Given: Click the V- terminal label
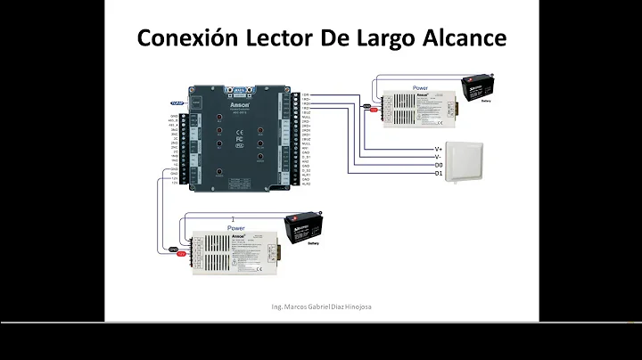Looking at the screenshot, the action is tap(438, 156).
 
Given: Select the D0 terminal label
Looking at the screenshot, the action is tap(438, 165).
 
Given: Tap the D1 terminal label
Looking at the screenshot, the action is tap(438, 174).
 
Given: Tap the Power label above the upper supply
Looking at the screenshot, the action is tap(421, 88).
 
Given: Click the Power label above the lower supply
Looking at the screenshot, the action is tap(235, 228).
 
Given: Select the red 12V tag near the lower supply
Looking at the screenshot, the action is tap(180, 254).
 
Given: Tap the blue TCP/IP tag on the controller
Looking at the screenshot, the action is tap(176, 104).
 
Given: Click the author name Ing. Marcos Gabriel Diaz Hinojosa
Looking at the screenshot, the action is tap(321, 307).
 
